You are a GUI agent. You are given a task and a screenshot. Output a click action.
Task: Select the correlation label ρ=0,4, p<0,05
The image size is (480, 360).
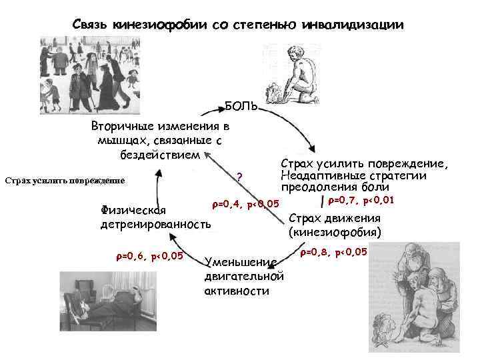click(245, 203)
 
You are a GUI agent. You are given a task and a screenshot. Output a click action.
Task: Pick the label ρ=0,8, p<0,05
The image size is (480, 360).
click(333, 252)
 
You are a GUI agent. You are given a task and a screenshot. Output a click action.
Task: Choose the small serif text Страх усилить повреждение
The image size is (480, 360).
click(65, 180)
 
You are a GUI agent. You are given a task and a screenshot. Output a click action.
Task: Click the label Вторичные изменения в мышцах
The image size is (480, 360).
click(159, 140)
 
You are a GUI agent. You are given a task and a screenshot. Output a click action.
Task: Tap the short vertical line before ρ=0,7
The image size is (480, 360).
click(323, 201)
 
